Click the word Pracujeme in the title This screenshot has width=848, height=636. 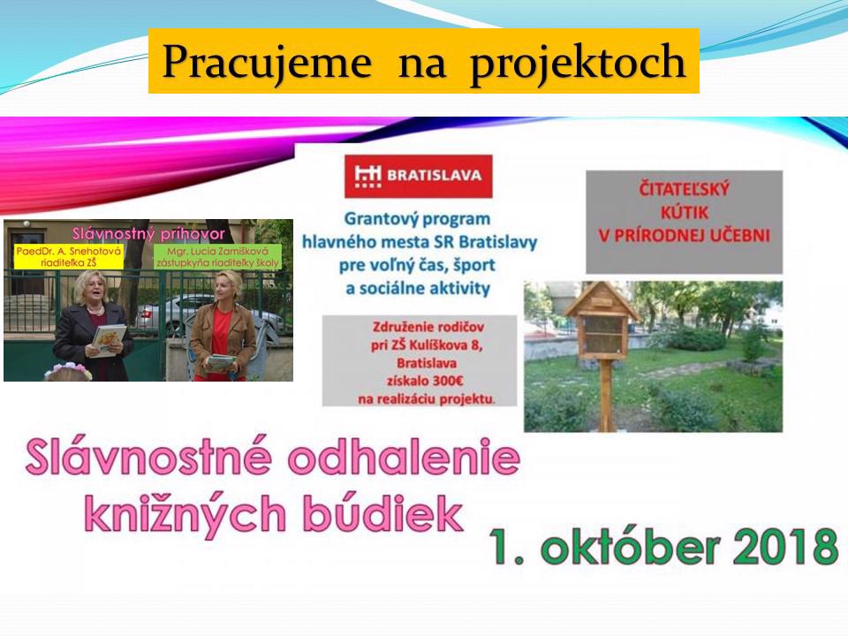(267, 62)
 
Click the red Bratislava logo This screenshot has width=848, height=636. (418, 176)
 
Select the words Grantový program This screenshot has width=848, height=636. (417, 219)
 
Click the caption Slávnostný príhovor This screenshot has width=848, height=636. (148, 233)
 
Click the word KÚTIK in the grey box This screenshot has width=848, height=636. (684, 212)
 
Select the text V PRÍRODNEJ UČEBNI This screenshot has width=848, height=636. (684, 235)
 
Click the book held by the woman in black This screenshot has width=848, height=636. (109, 340)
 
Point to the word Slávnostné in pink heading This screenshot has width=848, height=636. (148, 458)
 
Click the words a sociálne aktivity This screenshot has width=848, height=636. (418, 288)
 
